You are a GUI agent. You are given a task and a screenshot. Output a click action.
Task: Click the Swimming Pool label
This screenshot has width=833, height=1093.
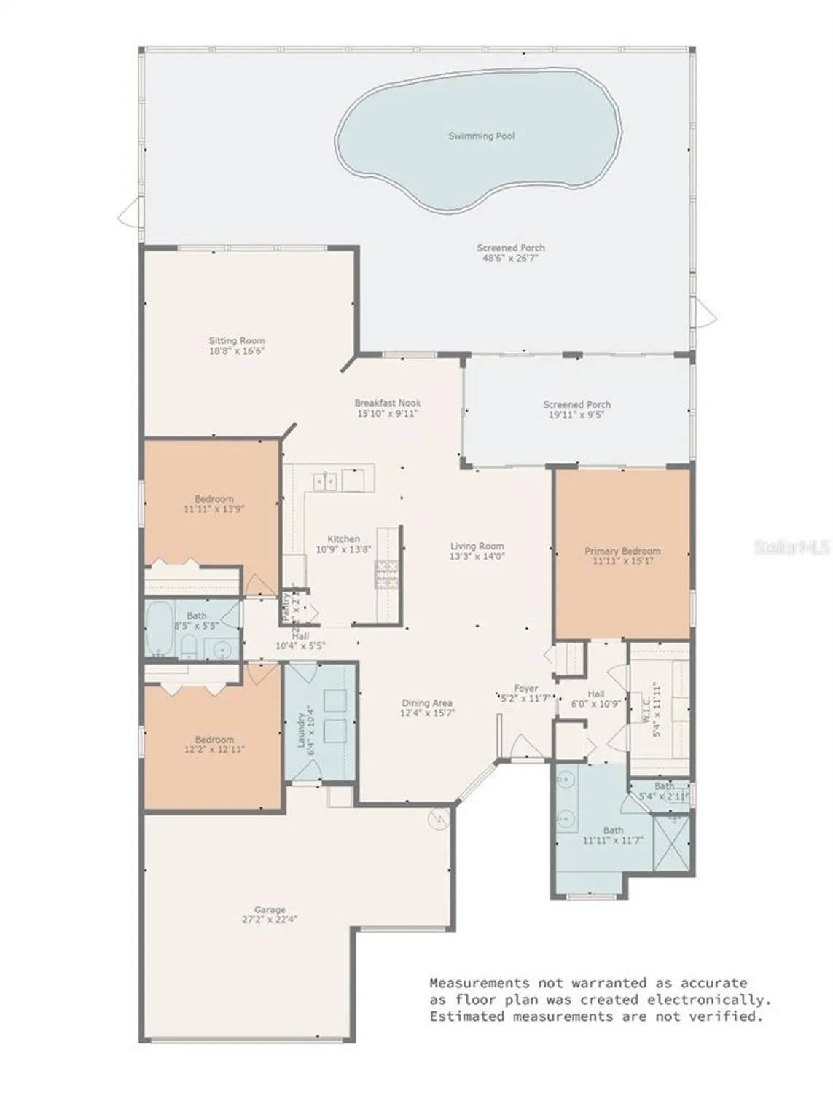click(481, 136)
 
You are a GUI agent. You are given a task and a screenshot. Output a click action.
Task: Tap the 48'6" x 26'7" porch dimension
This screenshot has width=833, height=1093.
click(510, 258)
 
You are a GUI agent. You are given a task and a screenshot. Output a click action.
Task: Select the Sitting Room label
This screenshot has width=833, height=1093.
click(237, 340)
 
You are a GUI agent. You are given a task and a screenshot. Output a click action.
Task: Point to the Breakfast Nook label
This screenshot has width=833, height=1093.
click(387, 403)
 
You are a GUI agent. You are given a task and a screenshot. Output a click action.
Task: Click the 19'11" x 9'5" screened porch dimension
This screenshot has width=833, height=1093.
click(576, 414)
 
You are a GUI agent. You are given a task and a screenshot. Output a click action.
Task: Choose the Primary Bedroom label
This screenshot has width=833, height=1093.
click(622, 551)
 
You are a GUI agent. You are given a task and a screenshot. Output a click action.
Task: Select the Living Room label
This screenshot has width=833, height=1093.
click(477, 546)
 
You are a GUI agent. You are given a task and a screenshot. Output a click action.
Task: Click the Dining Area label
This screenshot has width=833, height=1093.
click(427, 703)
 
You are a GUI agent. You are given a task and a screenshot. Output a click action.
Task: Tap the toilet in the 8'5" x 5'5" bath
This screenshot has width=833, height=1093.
click(189, 646)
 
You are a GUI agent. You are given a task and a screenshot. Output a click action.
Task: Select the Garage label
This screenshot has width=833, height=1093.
click(270, 909)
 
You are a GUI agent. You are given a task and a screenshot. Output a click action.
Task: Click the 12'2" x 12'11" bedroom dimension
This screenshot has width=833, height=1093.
click(214, 749)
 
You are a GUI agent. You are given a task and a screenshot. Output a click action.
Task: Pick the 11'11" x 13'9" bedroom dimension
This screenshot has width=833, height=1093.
click(214, 509)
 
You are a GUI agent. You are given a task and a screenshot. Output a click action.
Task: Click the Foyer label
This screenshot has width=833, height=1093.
click(525, 688)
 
